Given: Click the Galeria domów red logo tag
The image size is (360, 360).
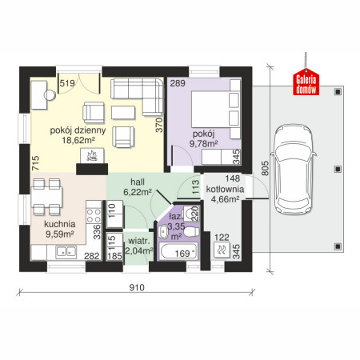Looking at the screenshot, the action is coord(306,82).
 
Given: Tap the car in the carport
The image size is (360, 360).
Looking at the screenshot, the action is coord(293,169).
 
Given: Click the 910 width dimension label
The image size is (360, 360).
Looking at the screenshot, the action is coord(137,287).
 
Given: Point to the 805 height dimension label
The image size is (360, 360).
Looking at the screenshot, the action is coord(265,168).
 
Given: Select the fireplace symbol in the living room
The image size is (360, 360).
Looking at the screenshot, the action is coord(92,155).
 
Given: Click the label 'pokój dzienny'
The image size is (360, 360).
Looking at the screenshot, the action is coord(78,130).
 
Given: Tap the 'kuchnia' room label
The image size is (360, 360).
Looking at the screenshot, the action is coord(60,224).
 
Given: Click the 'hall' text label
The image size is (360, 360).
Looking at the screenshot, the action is coord(138,182).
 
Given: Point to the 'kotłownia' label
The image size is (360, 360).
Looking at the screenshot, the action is coord(225,189).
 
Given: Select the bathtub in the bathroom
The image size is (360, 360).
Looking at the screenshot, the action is coord(178,251).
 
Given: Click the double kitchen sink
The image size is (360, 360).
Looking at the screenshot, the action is coord(66,252).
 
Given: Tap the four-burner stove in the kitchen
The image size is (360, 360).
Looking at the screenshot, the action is coord(94,216).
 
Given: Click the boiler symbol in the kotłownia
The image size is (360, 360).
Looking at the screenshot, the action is coord(222,250).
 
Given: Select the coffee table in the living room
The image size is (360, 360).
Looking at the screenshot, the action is coord(123,113).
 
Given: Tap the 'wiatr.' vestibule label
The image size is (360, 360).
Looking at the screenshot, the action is coord(138,241).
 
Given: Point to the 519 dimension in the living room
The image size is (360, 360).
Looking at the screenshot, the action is coord(67,83).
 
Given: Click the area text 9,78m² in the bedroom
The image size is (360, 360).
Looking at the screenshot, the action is coord(203,144).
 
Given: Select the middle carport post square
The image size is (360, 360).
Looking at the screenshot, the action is coord(338,169).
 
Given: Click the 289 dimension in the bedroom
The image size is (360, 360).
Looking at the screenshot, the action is coord(178,83).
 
